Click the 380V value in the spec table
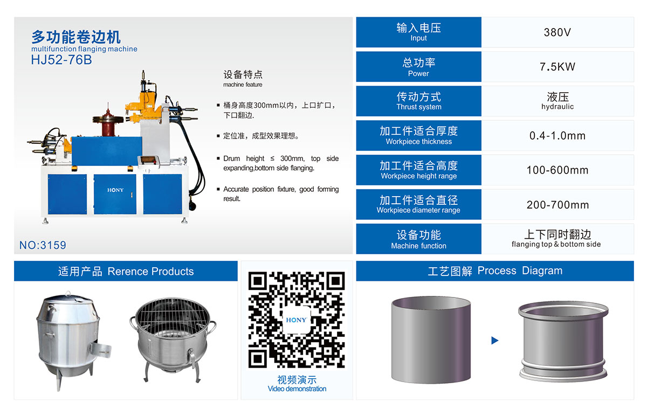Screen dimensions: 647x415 [x=557, y=32]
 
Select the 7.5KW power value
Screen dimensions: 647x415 [x=557, y=67]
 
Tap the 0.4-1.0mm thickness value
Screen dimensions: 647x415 [x=557, y=136]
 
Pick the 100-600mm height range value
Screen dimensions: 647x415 [x=557, y=170]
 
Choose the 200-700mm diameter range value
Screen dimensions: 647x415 [x=557, y=205]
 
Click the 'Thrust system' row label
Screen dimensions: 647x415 [x=419, y=107]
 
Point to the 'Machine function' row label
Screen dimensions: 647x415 [x=418, y=246]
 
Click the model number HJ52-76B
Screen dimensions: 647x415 [x=61, y=60]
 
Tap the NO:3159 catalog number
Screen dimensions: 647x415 [x=43, y=245]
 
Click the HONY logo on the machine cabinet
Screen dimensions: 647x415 [x=115, y=190]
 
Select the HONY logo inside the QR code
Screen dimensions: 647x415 [x=296, y=320]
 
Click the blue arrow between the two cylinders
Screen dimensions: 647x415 [x=495, y=341]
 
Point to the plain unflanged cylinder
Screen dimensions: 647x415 [x=431, y=340]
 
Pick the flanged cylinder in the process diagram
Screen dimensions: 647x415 [x=563, y=342]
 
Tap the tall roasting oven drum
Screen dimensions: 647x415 [x=72, y=341]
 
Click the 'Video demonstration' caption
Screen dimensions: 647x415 [x=297, y=389]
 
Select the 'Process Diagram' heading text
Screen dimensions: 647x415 [x=520, y=271]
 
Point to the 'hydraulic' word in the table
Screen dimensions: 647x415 [x=557, y=107]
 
